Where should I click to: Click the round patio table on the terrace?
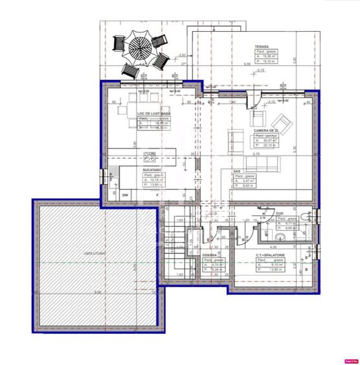[139, 47]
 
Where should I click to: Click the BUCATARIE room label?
[152, 169]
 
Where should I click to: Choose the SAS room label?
[237, 171]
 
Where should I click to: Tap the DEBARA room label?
[208, 255]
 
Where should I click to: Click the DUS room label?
[280, 213]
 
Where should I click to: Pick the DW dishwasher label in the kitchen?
[126, 194]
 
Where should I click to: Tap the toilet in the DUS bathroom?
[307, 231]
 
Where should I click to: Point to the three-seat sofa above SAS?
[258, 160]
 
